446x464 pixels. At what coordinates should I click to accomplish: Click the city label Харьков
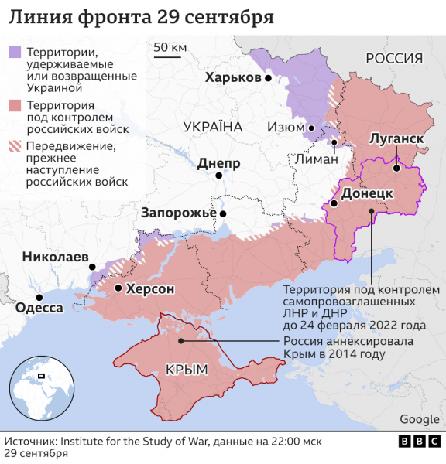[233, 78]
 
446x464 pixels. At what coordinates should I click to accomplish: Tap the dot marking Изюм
[310, 128]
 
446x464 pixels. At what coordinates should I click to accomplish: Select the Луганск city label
[396, 138]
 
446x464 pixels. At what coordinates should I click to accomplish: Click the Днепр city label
[219, 163]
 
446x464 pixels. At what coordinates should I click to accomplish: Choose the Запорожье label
[179, 213]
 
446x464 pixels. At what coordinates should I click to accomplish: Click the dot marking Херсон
[118, 288]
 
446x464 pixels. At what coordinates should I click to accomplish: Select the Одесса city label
[39, 308]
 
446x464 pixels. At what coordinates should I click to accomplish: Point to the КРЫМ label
[187, 370]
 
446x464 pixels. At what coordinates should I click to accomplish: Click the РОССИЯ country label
[394, 58]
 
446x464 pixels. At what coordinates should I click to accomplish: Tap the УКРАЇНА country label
[213, 127]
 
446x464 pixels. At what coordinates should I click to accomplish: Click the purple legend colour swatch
[15, 53]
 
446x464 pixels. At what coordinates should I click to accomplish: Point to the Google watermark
[419, 419]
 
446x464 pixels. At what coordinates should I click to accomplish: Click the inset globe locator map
[42, 388]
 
